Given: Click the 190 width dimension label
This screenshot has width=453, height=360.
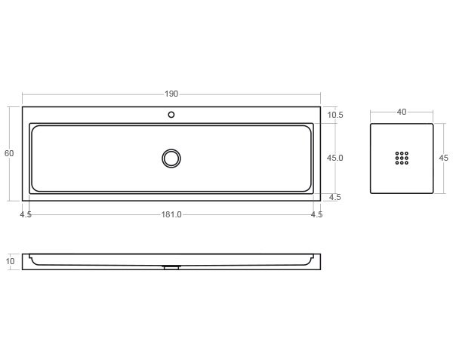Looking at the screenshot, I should (x=171, y=94).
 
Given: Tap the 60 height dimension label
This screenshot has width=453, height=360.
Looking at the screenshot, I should (x=9, y=153).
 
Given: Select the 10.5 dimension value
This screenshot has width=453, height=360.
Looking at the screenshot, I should (x=336, y=115).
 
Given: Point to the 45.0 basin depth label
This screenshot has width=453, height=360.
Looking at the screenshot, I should (x=335, y=158).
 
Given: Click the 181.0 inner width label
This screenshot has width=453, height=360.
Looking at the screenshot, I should (x=171, y=214).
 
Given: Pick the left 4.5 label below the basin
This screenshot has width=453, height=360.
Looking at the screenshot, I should (x=26, y=214).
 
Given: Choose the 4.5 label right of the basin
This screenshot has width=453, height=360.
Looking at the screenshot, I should (x=335, y=197).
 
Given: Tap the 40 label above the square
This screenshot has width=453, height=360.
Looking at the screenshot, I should (x=402, y=112).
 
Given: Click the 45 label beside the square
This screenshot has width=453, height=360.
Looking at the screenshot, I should (x=443, y=158).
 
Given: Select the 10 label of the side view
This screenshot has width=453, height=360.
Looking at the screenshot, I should (x=11, y=262).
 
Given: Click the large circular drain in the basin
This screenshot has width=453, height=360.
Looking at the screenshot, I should (x=171, y=158).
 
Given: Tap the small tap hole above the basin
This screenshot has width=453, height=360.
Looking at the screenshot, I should (x=171, y=115).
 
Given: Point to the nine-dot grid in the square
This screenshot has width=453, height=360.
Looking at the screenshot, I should (x=402, y=158).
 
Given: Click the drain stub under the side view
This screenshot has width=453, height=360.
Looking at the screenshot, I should (x=171, y=266).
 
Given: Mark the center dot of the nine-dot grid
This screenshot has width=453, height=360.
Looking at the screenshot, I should (x=402, y=158).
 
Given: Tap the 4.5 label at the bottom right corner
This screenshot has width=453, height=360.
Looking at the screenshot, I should (x=316, y=214).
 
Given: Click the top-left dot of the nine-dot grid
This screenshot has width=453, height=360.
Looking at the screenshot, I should (x=397, y=153).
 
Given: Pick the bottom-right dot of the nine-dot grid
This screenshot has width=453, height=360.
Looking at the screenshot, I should (x=406, y=162).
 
